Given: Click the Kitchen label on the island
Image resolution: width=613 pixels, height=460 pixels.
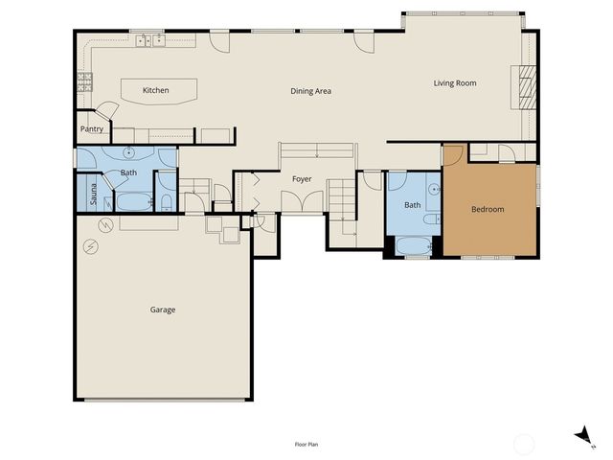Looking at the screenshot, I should point(155,90).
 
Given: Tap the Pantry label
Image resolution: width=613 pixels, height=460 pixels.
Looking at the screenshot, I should point(92,128).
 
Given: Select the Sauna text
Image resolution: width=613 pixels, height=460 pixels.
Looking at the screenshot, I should point(94,195).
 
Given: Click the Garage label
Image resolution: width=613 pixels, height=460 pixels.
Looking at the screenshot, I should point(163,310).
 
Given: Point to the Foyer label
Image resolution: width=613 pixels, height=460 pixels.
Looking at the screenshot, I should point(302,178).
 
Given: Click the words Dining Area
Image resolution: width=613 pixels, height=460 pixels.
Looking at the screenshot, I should point(310,91).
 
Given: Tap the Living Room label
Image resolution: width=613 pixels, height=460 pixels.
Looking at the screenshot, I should point(455,83).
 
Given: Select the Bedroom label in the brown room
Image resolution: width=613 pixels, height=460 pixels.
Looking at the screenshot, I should point(488,209).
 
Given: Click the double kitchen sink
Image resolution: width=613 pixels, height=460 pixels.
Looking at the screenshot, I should point(148,40).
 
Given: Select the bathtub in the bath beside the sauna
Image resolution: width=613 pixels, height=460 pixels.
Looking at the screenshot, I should point(133,202).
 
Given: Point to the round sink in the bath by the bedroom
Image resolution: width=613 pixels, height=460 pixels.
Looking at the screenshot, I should point(433,189).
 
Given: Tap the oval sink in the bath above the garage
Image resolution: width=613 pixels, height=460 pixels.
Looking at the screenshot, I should point(128,153).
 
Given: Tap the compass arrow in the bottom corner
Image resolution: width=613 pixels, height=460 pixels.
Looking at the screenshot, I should point(581,436).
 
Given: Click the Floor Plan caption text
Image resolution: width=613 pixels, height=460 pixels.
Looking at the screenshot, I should point(306,445).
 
